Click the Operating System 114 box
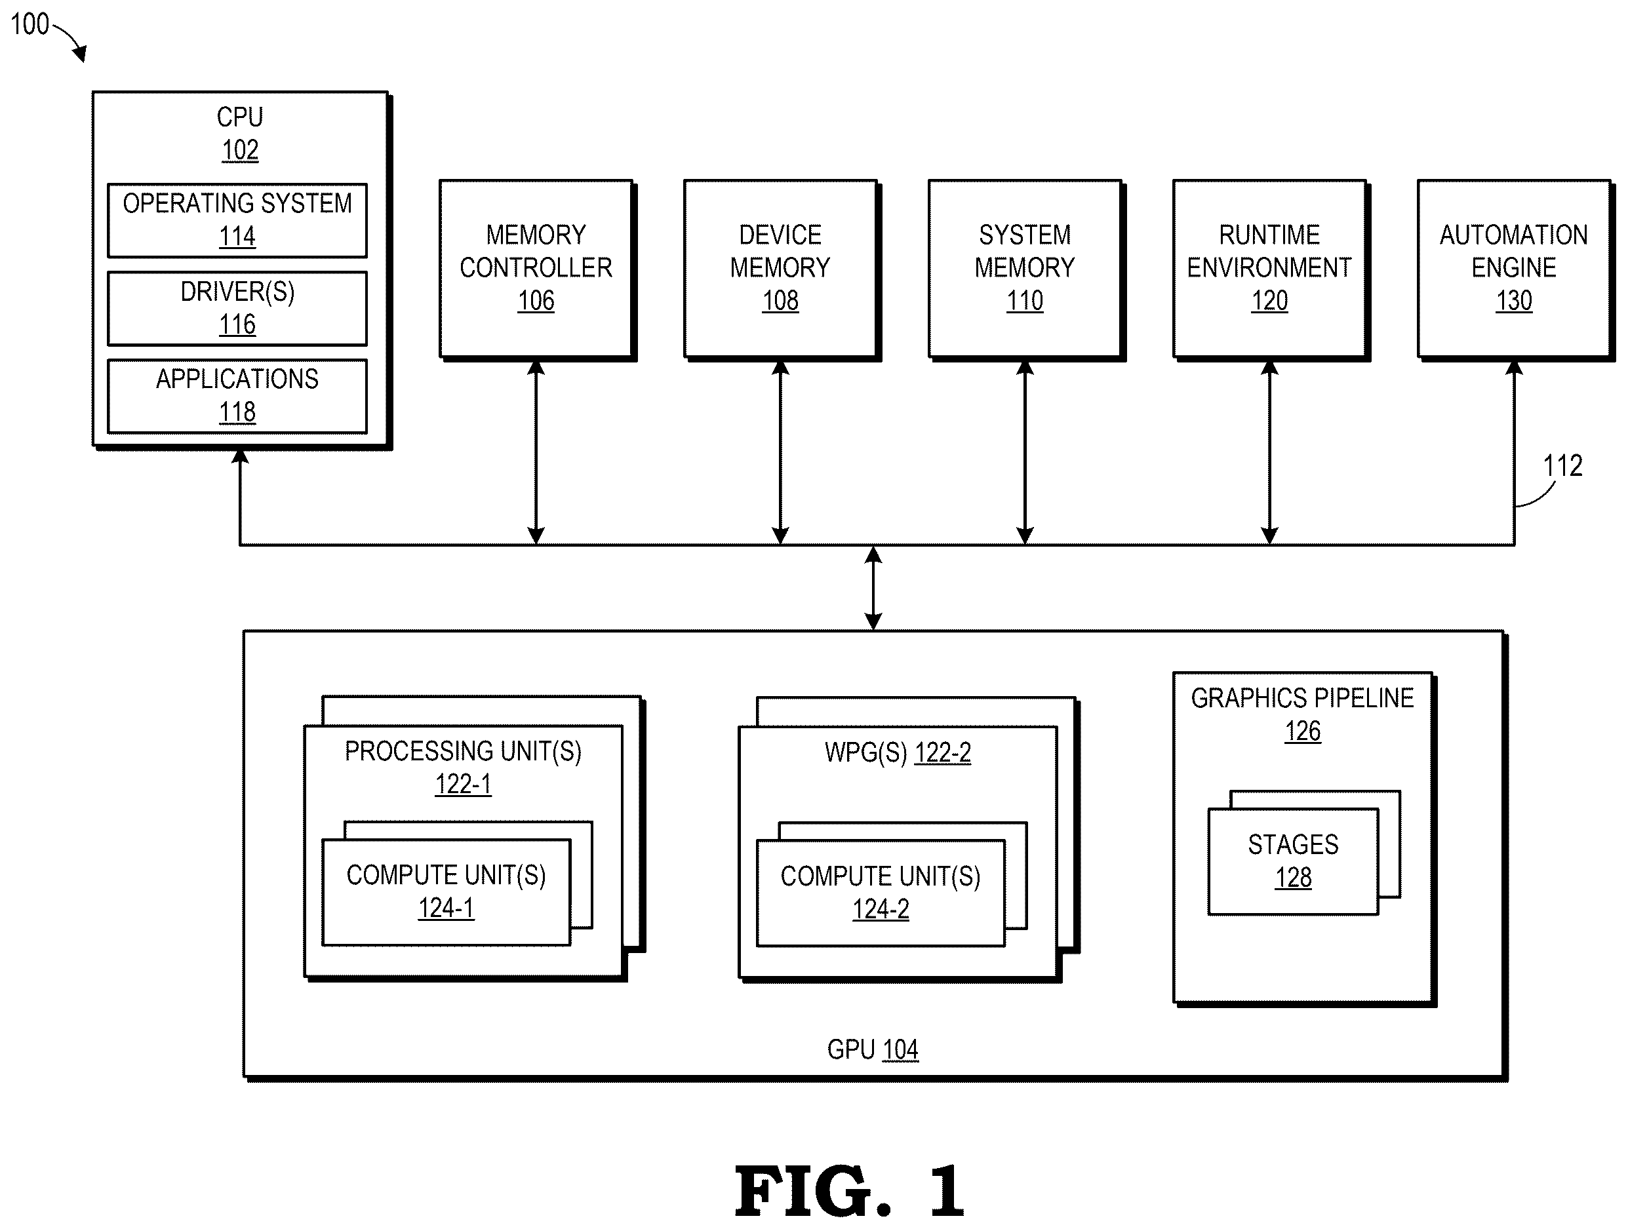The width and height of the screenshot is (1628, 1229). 237,220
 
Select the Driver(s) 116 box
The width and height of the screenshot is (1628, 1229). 237,308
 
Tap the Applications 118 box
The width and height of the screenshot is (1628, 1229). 237,396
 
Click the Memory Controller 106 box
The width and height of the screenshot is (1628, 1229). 536,269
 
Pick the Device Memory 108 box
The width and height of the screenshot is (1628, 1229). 781,269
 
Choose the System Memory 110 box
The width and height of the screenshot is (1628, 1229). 1025,269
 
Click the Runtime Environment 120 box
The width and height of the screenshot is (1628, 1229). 1269,269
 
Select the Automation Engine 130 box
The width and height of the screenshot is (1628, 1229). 1514,269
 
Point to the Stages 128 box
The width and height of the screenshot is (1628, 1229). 1293,862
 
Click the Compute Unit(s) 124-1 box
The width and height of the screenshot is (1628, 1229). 446,893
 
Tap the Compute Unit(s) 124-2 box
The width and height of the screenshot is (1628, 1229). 881,893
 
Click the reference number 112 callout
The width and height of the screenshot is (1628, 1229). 1562,466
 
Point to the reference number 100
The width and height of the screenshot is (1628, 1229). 30,24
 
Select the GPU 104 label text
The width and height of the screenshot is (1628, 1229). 873,1049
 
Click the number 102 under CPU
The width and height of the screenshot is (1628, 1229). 240,150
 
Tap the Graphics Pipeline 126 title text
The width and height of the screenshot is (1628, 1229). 1302,714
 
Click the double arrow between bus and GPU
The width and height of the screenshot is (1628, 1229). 873,588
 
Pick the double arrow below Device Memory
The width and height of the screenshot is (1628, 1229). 781,452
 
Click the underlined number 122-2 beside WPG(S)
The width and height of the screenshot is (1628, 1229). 943,753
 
